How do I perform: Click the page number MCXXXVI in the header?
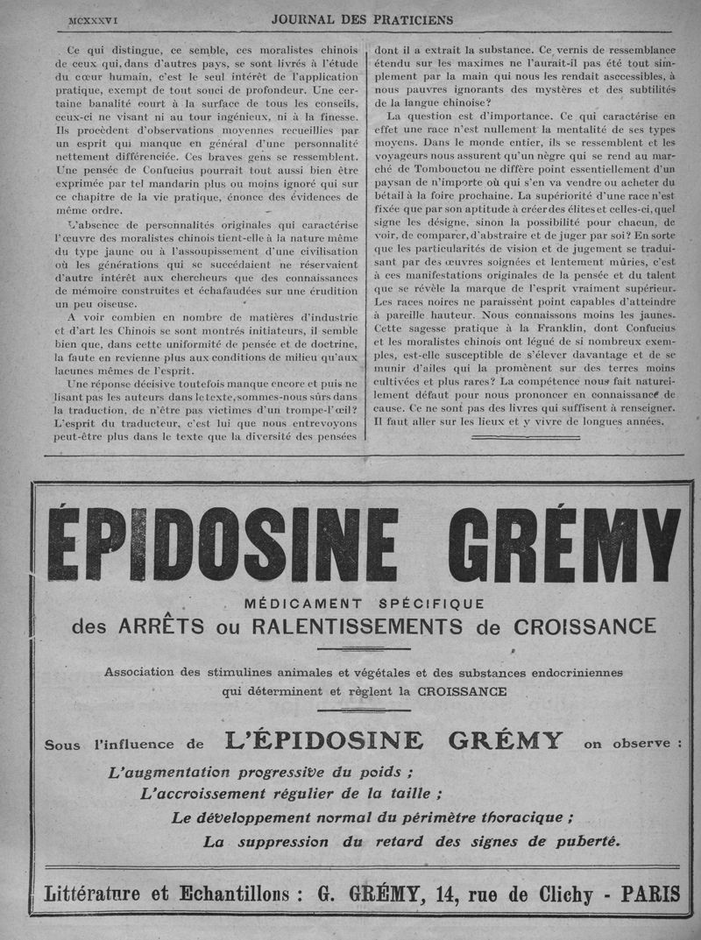click(x=95, y=18)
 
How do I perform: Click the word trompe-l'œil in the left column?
click(x=322, y=413)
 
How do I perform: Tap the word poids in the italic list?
click(x=382, y=772)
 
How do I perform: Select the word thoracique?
click(x=518, y=818)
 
